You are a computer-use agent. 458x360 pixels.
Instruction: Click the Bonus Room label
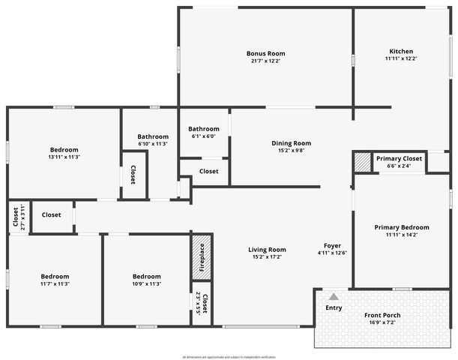265,53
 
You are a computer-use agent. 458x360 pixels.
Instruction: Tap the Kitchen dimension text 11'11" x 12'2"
400,58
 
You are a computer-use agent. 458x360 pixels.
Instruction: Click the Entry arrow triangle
334,297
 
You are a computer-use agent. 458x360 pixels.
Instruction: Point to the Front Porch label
382,315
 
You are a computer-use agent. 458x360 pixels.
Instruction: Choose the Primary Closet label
399,158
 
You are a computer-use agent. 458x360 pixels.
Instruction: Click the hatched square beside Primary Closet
363,162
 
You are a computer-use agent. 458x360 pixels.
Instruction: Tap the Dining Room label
291,142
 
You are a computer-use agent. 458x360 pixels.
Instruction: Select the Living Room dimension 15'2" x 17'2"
268,257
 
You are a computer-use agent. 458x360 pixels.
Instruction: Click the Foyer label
332,245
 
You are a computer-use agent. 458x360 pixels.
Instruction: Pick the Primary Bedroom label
402,227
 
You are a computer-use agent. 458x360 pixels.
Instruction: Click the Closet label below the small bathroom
209,171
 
